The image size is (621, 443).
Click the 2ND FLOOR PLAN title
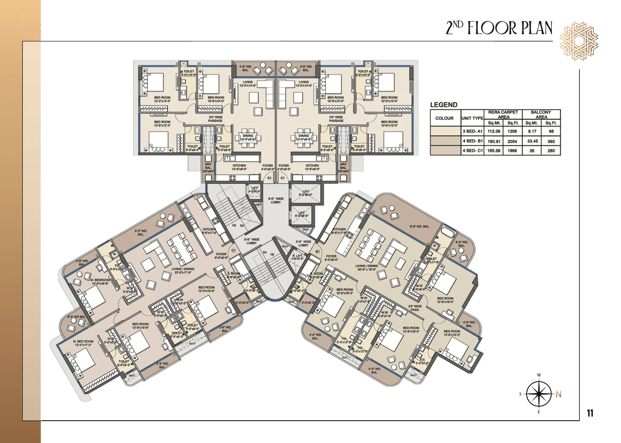pos(499,28)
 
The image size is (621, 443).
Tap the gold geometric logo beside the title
pos(579,41)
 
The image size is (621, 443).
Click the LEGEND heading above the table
pos(444,105)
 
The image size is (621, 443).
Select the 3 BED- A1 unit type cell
pos(472,131)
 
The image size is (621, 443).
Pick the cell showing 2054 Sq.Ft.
pos(512,141)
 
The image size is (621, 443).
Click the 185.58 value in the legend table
pos(494,151)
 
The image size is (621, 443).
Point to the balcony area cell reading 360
pos(551,141)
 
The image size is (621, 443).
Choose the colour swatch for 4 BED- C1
pos(445,151)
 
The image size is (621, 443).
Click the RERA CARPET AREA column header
pos(503,114)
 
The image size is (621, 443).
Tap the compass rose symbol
pos(539,394)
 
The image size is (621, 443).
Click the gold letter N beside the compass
pos(558,394)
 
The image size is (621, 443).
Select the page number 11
pos(590,413)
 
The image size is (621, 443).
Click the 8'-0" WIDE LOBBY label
pos(276,201)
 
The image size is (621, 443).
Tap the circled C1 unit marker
pos(233,251)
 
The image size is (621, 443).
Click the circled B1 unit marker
pos(318,251)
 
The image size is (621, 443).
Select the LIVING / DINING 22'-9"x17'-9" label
pos(183,271)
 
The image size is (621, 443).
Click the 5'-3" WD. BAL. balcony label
pos(141,233)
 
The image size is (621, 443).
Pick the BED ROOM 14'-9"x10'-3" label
pos(452,333)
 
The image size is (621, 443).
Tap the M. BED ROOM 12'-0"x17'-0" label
pos(83,343)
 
